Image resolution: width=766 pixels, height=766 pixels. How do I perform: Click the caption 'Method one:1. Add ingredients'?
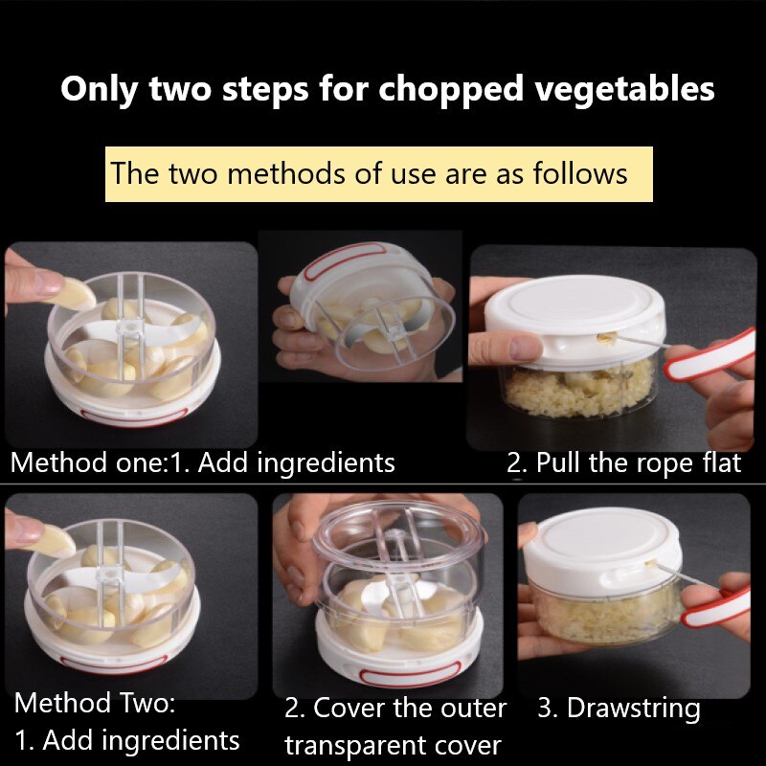point(202,463)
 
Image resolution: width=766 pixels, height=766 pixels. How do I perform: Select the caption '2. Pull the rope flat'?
point(623,463)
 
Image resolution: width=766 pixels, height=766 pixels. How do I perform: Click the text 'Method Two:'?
point(95,704)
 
